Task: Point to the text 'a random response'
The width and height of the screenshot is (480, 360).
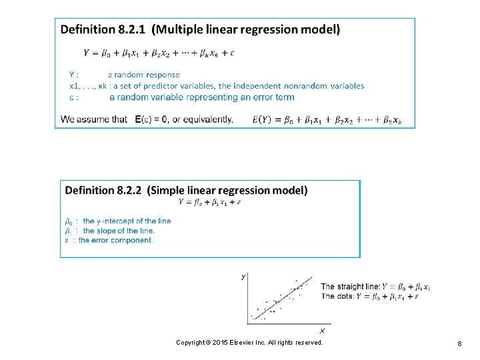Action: coord(143,75)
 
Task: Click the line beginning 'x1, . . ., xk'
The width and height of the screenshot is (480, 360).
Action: coord(217,85)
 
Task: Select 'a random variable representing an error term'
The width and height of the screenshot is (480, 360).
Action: coord(201,97)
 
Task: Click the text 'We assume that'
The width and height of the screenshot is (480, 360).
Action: coord(94,119)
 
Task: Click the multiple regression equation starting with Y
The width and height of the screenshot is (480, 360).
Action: coord(159,52)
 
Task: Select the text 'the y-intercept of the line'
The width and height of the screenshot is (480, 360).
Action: coord(127,221)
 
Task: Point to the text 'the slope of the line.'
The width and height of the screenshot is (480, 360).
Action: coord(119,231)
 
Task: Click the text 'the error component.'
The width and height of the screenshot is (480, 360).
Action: coord(115,240)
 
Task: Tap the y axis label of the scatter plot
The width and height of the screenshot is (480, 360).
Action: coord(243,275)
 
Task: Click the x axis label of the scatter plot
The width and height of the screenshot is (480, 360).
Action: coord(323,329)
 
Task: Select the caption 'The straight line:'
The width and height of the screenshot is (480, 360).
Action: coord(350,287)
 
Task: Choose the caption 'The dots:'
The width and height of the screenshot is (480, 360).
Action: coord(337,296)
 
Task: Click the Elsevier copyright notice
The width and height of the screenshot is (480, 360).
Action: coord(249,342)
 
